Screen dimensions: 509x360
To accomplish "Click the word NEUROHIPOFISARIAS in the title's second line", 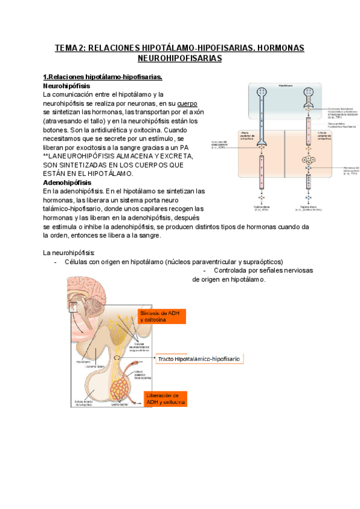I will [x=179, y=58].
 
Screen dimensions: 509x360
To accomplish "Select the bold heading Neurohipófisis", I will [x=67, y=86].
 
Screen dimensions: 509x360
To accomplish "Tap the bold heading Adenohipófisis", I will [x=67, y=182].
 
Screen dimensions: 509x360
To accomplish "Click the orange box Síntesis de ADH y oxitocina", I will [x=160, y=316].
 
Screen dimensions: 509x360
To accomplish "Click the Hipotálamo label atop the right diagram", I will [x=286, y=86].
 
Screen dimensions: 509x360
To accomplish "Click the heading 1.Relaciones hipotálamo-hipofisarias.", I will [x=103, y=77].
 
